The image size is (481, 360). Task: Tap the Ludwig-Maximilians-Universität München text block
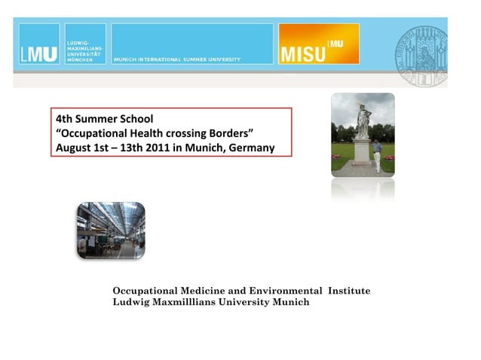85,44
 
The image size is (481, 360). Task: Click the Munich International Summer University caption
177,59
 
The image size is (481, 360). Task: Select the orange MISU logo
318,44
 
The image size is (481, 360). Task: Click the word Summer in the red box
100,119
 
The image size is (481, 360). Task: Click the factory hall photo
110,230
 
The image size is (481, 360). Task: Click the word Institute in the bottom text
348,291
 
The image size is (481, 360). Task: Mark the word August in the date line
75,148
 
